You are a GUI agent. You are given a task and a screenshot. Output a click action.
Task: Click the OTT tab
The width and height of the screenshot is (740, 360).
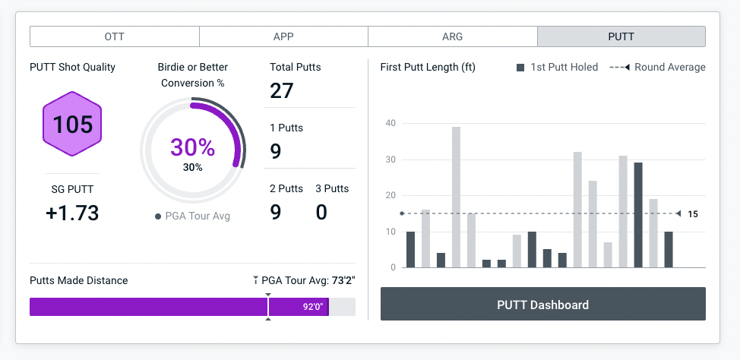114,36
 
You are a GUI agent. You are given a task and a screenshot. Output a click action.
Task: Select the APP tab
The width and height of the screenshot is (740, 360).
283,36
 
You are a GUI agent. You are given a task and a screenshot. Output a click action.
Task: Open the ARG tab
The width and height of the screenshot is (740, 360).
452,36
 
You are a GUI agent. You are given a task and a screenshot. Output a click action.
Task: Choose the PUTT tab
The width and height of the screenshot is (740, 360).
621,36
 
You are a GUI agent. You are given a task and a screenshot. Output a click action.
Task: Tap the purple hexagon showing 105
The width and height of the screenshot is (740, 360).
73,124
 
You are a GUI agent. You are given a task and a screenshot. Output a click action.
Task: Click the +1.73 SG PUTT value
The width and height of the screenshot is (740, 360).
72,213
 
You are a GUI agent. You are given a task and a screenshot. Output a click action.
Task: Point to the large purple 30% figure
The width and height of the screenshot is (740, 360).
192,147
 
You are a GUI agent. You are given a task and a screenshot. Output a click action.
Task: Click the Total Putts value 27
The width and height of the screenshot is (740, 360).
282,91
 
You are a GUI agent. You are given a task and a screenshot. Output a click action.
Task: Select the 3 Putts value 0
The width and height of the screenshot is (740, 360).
321,212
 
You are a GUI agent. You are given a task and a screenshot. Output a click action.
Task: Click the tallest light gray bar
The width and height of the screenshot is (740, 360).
456,197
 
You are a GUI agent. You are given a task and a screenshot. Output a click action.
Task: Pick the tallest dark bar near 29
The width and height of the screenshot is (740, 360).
638,215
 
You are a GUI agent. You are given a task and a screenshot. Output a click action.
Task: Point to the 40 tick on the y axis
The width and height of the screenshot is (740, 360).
391,123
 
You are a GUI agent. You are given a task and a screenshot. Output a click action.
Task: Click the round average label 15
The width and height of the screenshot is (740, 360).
693,214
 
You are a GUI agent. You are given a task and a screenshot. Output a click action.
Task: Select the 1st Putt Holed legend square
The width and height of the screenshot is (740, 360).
520,68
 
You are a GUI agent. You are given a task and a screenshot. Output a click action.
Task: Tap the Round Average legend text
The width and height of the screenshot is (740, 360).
670,67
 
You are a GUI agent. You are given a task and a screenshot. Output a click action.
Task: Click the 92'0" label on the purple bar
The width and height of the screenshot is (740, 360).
313,307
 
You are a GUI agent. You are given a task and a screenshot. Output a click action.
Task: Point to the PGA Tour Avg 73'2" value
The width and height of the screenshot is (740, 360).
343,280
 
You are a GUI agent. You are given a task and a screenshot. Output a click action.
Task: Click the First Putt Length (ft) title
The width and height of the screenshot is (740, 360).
428,67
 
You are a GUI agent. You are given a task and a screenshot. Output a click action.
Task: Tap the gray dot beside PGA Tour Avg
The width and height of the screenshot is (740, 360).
158,216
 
